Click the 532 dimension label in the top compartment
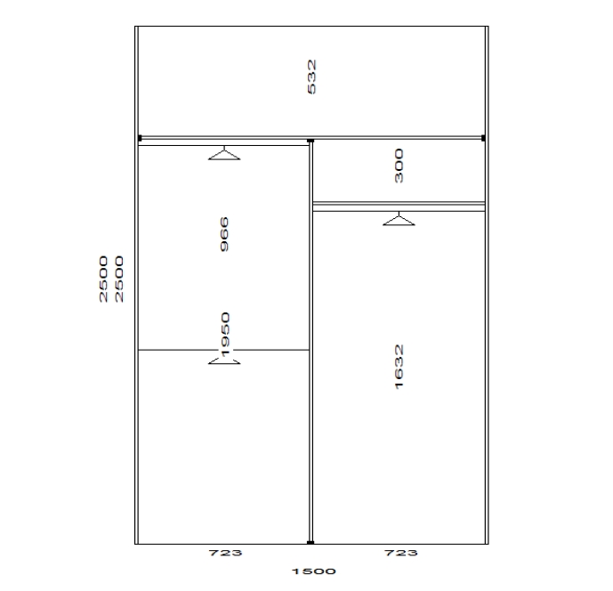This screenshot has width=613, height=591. [311, 77]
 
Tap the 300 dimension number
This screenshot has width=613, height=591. [399, 166]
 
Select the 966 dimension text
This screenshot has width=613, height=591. [224, 234]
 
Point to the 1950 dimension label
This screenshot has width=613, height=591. [225, 335]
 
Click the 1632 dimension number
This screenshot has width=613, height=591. [399, 367]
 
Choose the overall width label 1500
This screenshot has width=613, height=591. [314, 571]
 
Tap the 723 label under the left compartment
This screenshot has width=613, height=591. [225, 553]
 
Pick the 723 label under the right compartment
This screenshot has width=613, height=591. [400, 553]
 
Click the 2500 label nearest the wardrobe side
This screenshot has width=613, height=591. [119, 279]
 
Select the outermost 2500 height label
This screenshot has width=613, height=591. [103, 279]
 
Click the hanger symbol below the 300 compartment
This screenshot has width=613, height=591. [399, 219]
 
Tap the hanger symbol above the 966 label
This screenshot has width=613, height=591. [224, 153]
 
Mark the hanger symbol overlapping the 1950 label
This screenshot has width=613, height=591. [224, 360]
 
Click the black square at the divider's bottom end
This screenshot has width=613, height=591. [311, 543]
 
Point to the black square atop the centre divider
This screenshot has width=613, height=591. [311, 141]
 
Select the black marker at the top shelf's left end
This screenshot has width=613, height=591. [140, 138]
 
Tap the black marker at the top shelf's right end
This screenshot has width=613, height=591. [483, 138]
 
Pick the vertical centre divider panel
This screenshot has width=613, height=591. [311, 342]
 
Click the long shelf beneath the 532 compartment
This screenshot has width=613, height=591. [311, 138]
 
